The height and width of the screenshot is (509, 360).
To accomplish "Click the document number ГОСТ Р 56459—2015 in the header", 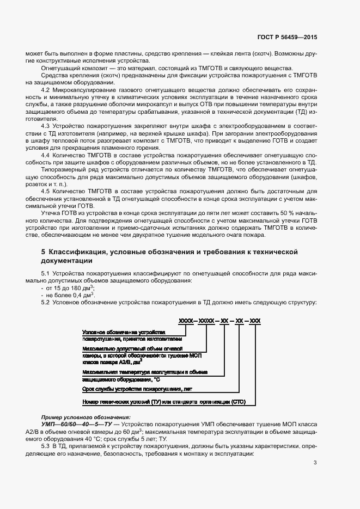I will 288,38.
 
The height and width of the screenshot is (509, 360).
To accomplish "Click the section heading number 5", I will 44,253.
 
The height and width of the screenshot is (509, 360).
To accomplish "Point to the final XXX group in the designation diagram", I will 255,323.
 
